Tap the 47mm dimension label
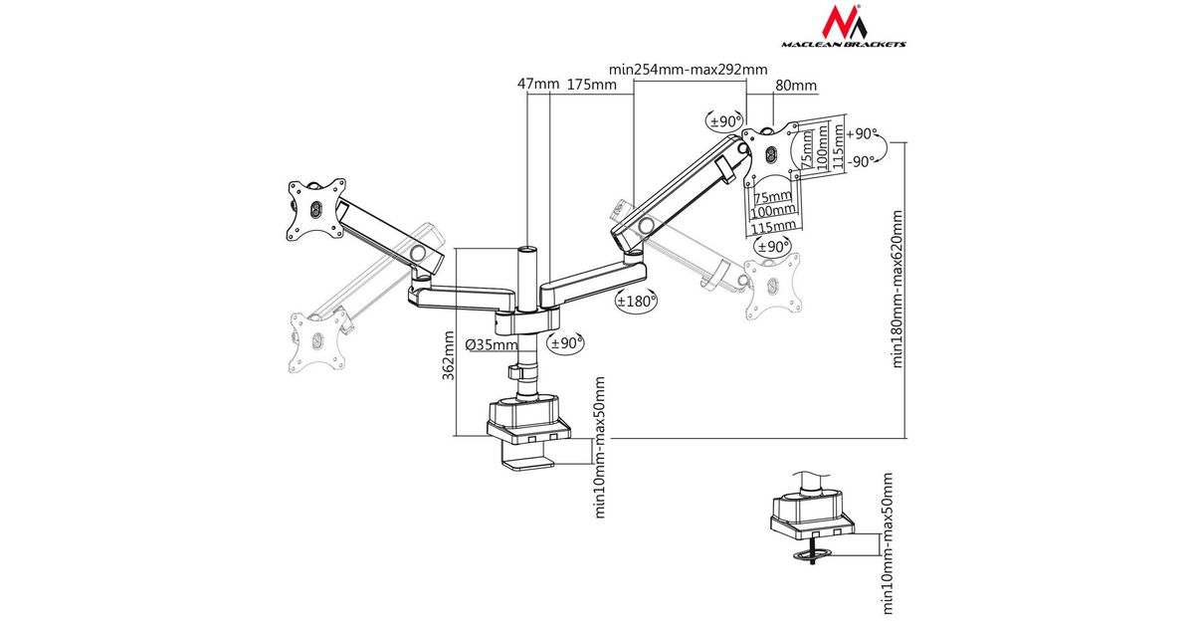pyautogui.click(x=539, y=85)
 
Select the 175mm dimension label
pyautogui.click(x=591, y=85)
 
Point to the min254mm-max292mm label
pyautogui.click(x=689, y=69)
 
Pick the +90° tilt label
pyautogui.click(x=863, y=133)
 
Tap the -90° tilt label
pyautogui.click(x=862, y=159)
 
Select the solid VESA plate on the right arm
pyautogui.click(x=772, y=152)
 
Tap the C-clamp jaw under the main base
pyautogui.click(x=532, y=462)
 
